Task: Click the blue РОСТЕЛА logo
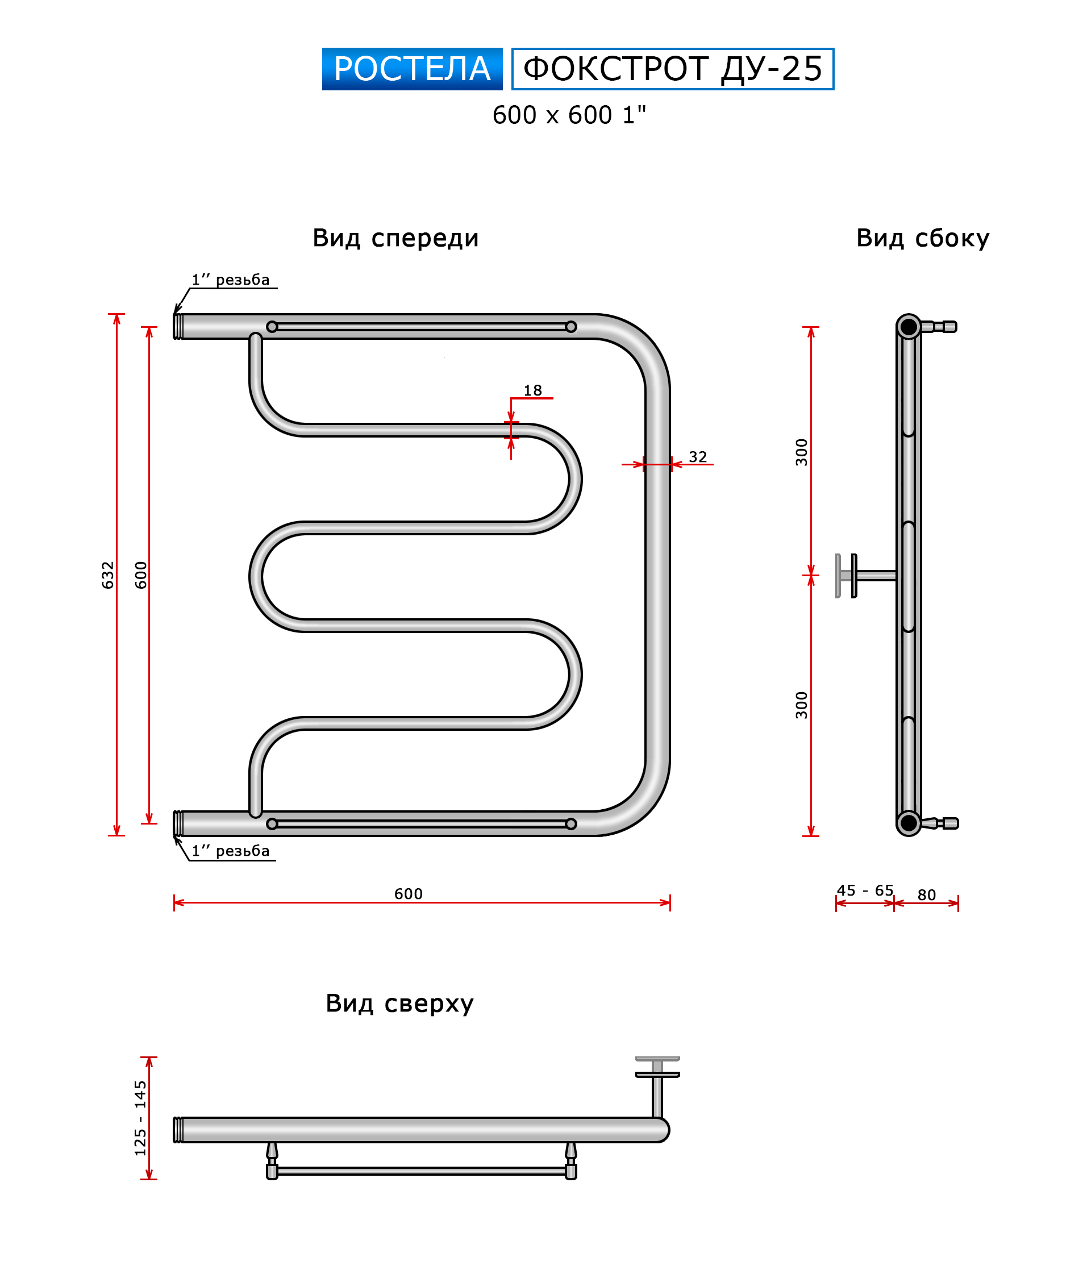412,69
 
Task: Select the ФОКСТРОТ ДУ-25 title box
673,69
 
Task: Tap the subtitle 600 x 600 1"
569,115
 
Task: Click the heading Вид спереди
395,238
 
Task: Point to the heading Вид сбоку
923,238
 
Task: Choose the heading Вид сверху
399,1003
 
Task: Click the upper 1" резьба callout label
231,280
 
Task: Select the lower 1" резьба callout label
231,851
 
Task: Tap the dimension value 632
108,575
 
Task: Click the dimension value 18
533,390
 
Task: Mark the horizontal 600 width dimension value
409,894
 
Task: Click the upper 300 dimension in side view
802,452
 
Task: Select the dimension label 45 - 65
865,890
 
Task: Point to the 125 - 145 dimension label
140,1118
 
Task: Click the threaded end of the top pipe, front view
178,327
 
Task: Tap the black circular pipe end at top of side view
909,327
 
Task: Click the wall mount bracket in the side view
866,576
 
